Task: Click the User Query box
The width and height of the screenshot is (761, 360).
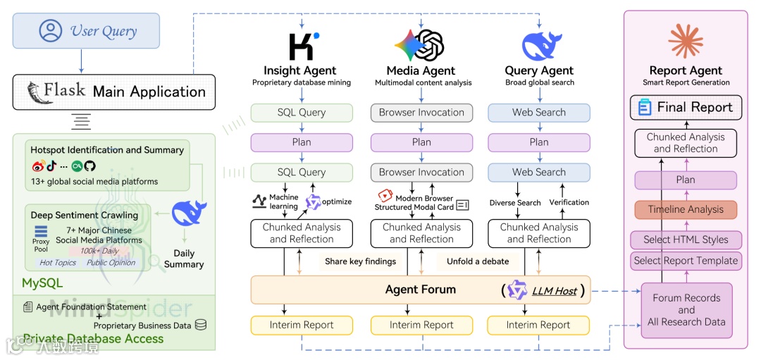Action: [86, 31]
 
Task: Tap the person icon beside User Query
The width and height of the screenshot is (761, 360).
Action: [51, 31]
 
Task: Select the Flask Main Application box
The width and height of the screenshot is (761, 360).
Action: [113, 92]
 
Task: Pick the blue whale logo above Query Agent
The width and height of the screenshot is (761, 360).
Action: [540, 45]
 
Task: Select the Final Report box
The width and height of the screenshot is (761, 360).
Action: [685, 107]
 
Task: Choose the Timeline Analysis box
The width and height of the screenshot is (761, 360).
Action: [685, 209]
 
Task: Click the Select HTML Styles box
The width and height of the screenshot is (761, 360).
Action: [685, 240]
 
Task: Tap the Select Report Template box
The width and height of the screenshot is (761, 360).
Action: [685, 261]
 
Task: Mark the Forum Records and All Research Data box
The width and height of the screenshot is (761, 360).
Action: [686, 310]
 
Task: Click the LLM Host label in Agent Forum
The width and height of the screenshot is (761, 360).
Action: [554, 290]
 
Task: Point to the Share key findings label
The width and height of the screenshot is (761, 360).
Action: [360, 261]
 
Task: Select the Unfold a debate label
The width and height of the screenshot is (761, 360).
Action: [477, 261]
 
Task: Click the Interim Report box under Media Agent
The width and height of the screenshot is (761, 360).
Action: [421, 325]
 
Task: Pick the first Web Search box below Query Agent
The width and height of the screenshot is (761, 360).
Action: [538, 112]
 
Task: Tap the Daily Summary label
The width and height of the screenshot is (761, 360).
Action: [183, 259]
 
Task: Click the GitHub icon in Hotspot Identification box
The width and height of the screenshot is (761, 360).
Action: [89, 166]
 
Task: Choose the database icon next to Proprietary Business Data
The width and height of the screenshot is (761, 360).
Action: [201, 325]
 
